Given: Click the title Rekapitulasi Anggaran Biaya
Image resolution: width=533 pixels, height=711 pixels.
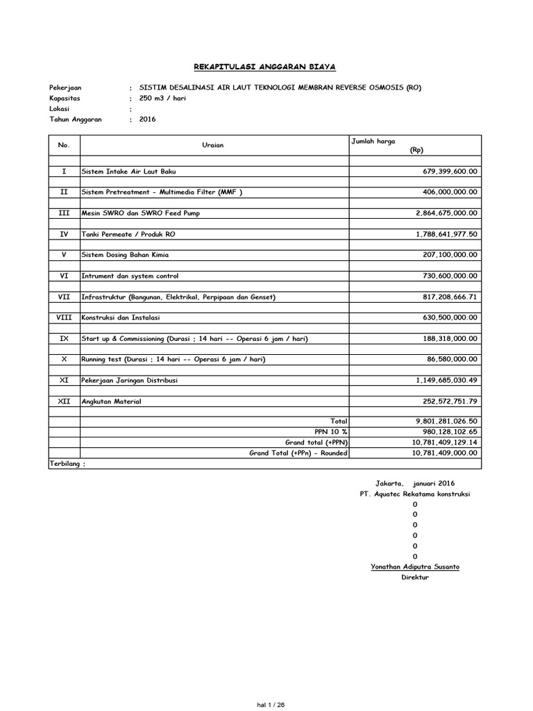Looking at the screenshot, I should [x=264, y=67].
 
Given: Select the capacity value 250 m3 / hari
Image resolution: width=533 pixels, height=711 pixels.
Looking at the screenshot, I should [x=162, y=98].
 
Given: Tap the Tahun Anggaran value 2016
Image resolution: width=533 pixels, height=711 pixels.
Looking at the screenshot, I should [x=148, y=119].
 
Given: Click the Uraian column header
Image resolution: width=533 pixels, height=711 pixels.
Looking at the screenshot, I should [x=213, y=145].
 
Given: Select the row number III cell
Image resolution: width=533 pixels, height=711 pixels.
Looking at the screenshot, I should [x=64, y=212].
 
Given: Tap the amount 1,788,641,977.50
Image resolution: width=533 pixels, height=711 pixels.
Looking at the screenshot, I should [x=447, y=234].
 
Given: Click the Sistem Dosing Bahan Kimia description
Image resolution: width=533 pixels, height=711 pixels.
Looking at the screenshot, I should [x=126, y=255].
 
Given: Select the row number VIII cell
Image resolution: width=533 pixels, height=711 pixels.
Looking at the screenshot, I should [x=64, y=317].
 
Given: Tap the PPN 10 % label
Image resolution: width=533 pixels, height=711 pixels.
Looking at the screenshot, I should [x=331, y=431].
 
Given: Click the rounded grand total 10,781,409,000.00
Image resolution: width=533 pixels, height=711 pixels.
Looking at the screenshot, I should [x=445, y=453].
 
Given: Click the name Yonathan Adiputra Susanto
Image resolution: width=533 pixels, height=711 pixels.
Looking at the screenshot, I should [x=415, y=567].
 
